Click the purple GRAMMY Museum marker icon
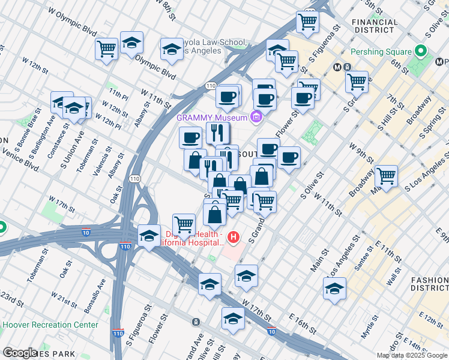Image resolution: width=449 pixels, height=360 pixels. pyautogui.click(x=257, y=116)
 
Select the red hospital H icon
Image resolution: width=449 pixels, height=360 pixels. pyautogui.click(x=234, y=238)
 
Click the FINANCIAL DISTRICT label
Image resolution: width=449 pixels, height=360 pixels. pyautogui.click(x=375, y=26)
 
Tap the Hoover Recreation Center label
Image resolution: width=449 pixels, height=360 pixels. pyautogui.click(x=50, y=325)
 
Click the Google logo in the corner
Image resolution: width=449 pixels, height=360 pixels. pyautogui.click(x=20, y=353)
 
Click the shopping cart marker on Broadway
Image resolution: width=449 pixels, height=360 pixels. pyautogui.click(x=386, y=176)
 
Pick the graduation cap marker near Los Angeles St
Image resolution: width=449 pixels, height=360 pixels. pyautogui.click(x=334, y=289)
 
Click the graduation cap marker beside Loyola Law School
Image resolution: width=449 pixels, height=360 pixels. pyautogui.click(x=172, y=50)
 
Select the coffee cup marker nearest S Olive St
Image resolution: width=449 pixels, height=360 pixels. pyautogui.click(x=289, y=157)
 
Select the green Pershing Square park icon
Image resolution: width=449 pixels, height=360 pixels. pyautogui.click(x=421, y=52)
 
